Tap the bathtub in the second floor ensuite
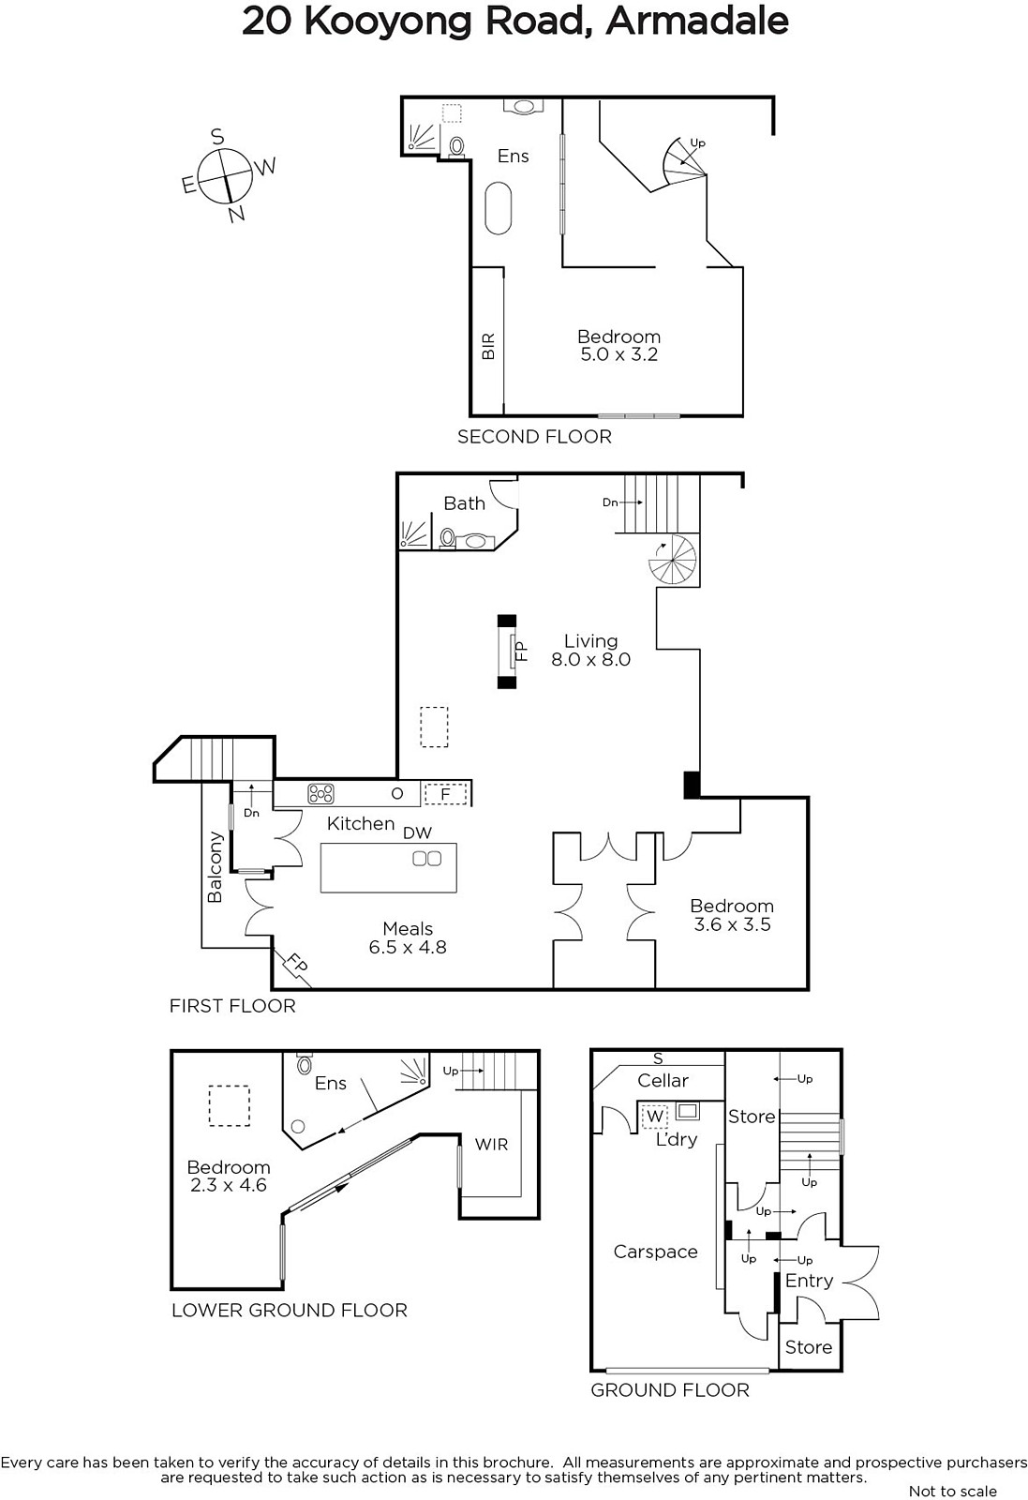(x=498, y=207)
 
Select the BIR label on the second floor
(x=488, y=346)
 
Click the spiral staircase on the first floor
(x=673, y=559)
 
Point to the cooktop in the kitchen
(x=320, y=793)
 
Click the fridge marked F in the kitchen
(x=446, y=794)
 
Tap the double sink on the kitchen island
(x=426, y=858)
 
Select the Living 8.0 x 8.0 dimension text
(x=590, y=651)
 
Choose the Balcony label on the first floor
(x=215, y=866)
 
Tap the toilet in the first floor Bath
(x=448, y=537)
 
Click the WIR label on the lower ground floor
(x=491, y=1145)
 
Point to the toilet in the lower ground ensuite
(x=305, y=1063)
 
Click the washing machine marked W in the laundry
(x=654, y=1116)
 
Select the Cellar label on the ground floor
(x=663, y=1080)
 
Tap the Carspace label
(x=655, y=1252)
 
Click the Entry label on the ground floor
(x=809, y=1282)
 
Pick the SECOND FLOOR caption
(x=535, y=437)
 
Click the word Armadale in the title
(x=696, y=22)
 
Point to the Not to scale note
(x=952, y=1492)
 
